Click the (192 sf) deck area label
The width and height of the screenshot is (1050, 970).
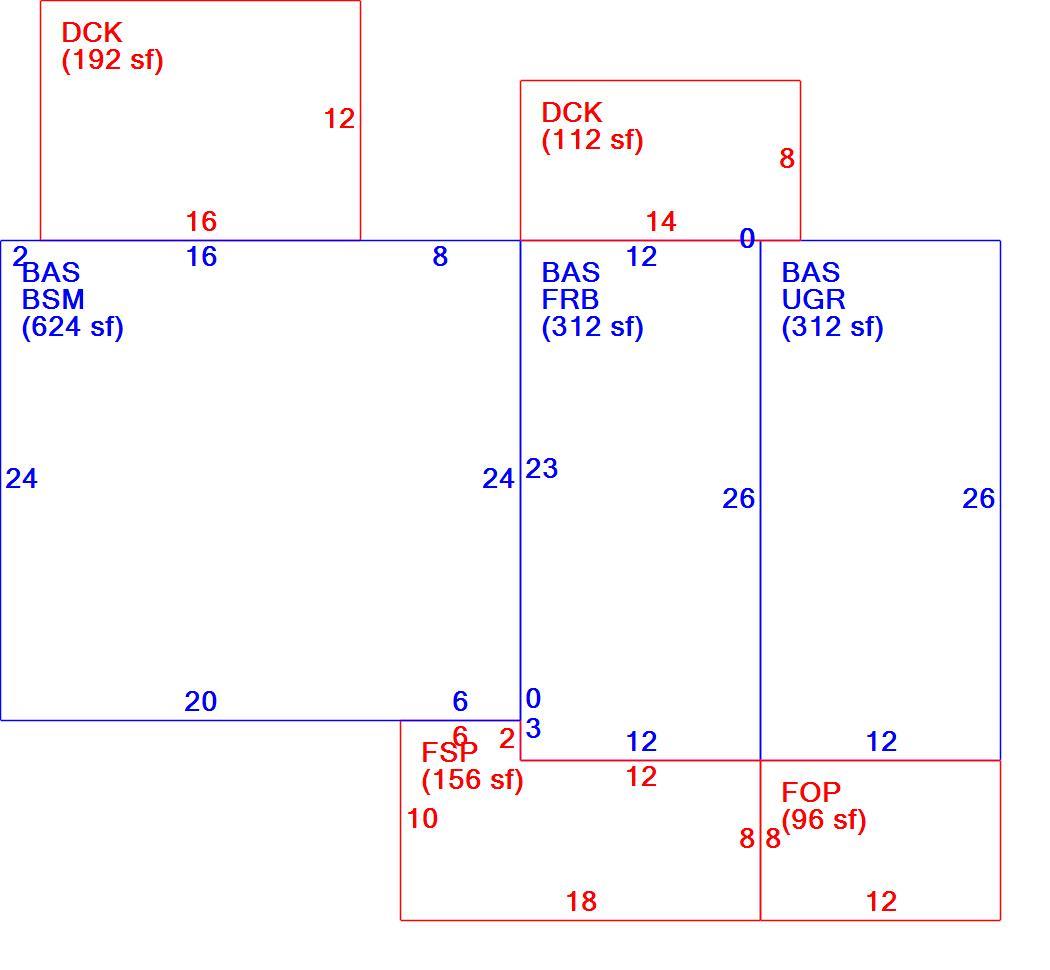pyautogui.click(x=112, y=60)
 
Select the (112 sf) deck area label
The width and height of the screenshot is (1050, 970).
pyautogui.click(x=593, y=141)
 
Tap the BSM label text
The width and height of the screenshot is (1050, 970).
pyautogui.click(x=53, y=299)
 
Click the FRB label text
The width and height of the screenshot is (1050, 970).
pyautogui.click(x=570, y=299)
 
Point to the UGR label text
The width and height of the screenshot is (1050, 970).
pyautogui.click(x=813, y=299)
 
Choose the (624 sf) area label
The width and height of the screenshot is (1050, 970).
pyautogui.click(x=73, y=327)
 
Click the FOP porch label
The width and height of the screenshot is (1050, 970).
pyautogui.click(x=810, y=793)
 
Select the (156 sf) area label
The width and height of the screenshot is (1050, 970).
pyautogui.click(x=473, y=780)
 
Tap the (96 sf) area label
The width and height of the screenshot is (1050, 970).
pyautogui.click(x=824, y=820)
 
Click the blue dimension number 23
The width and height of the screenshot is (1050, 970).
pyautogui.click(x=541, y=469)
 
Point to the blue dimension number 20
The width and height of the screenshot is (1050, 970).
pyautogui.click(x=200, y=702)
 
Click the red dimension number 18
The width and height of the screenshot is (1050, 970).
pyautogui.click(x=581, y=902)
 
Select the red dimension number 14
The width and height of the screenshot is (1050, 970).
pyautogui.click(x=661, y=222)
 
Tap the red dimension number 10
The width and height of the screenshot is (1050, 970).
pyautogui.click(x=422, y=818)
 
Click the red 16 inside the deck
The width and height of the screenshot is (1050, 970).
pyautogui.click(x=201, y=222)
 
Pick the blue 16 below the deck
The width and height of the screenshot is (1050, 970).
pyautogui.click(x=201, y=256)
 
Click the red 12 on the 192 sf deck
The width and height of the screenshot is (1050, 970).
pyautogui.click(x=339, y=119)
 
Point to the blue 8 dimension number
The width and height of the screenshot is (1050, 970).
pyautogui.click(x=440, y=256)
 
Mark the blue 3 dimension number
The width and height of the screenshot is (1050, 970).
pyautogui.click(x=533, y=728)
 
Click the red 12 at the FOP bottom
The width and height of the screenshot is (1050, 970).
pyautogui.click(x=881, y=902)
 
